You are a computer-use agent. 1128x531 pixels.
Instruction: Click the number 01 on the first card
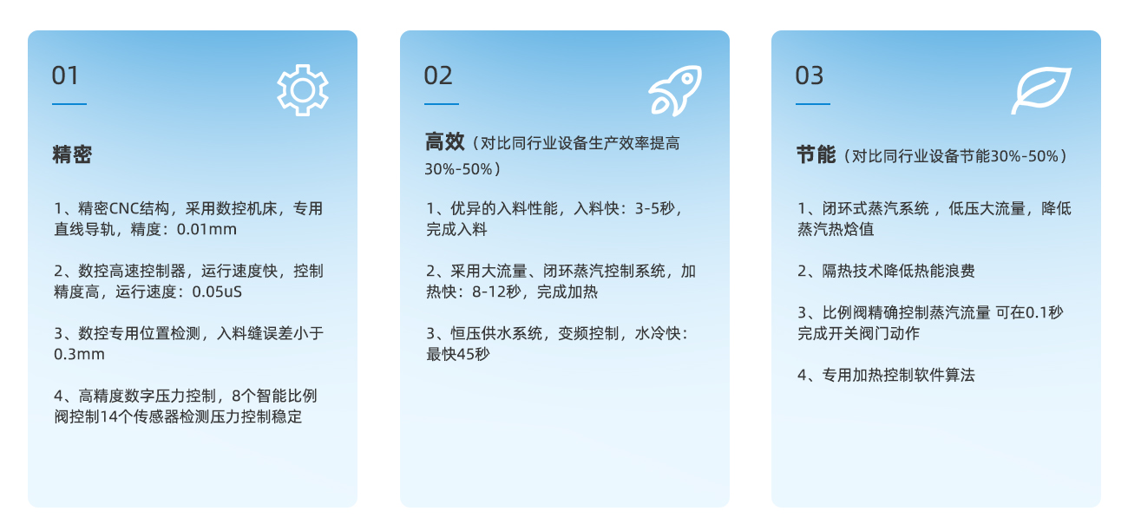pyautogui.click(x=65, y=75)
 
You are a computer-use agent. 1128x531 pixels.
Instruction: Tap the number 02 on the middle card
pyautogui.click(x=438, y=75)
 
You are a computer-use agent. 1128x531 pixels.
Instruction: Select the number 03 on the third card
pyautogui.click(x=810, y=75)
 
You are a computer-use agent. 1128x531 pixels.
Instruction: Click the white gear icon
pyautogui.click(x=303, y=90)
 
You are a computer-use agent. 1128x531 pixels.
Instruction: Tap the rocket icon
pyautogui.click(x=675, y=90)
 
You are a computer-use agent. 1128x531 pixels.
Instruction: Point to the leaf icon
pyautogui.click(x=1041, y=90)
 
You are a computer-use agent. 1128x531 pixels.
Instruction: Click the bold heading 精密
pyautogui.click(x=72, y=154)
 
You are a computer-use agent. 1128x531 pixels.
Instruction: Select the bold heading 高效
pyautogui.click(x=444, y=142)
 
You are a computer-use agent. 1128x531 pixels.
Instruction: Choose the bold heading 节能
pyautogui.click(x=816, y=155)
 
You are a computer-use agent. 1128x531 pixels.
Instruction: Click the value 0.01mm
pyautogui.click(x=207, y=230)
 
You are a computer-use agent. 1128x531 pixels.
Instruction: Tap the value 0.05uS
pyautogui.click(x=217, y=292)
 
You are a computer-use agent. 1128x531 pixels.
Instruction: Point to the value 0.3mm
pyautogui.click(x=79, y=354)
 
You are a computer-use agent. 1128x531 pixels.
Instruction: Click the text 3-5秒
pyautogui.click(x=654, y=208)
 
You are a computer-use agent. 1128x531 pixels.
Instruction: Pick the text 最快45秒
pyautogui.click(x=458, y=354)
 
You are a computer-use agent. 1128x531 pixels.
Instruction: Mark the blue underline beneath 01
pyautogui.click(x=69, y=104)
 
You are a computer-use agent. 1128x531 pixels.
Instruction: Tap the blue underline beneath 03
pyautogui.click(x=813, y=104)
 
